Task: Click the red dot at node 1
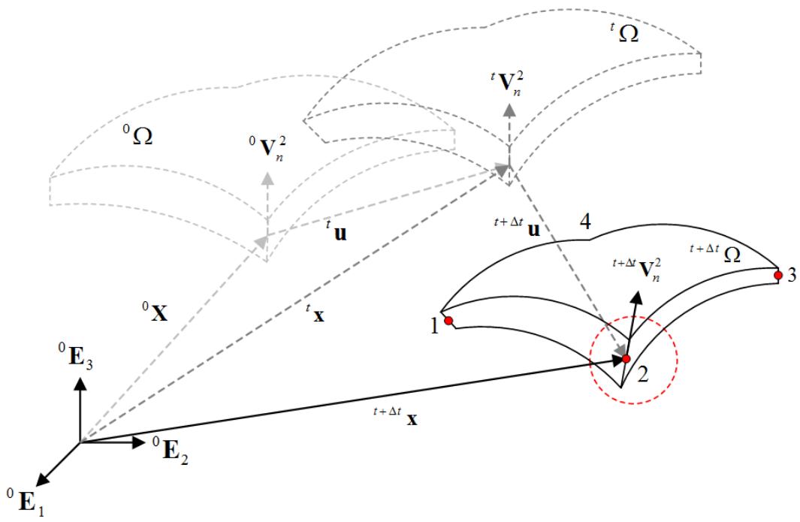tap(448, 321)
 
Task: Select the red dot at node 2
tap(626, 359)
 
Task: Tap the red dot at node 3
tap(778, 276)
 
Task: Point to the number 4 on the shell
tap(585, 222)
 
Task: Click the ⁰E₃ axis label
tap(76, 355)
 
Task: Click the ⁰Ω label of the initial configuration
tap(137, 135)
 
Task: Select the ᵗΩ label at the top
tap(624, 32)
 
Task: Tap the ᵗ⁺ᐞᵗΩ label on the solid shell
tap(715, 253)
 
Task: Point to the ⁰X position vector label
tap(155, 311)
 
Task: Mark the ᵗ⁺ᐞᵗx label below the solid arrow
tap(395, 416)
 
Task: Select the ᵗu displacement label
tap(337, 231)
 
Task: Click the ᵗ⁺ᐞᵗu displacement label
tap(517, 227)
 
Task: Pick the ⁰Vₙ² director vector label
tap(267, 148)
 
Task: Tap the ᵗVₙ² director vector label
tap(507, 83)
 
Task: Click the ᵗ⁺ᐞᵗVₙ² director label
tap(638, 268)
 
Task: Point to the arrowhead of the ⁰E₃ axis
tap(80, 382)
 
